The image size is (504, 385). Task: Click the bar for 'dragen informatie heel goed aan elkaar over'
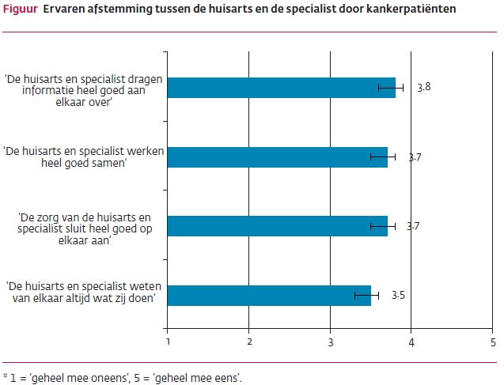pyautogui.click(x=281, y=88)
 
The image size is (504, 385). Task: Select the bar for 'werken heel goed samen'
pyautogui.click(x=277, y=157)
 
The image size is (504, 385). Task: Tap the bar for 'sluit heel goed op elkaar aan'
pyautogui.click(x=277, y=226)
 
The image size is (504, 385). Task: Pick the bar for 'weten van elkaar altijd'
pyautogui.click(x=269, y=296)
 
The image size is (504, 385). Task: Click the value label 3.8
pyautogui.click(x=423, y=87)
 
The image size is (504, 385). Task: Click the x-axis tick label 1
pyautogui.click(x=168, y=342)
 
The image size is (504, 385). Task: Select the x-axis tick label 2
pyautogui.click(x=249, y=342)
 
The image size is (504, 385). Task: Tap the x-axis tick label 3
pyautogui.click(x=330, y=342)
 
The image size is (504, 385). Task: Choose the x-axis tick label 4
pyautogui.click(x=411, y=342)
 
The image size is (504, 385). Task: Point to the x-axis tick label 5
pyautogui.click(x=492, y=342)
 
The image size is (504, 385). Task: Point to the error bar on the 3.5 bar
pyautogui.click(x=366, y=296)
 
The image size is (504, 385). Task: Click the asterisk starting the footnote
pyautogui.click(x=5, y=374)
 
